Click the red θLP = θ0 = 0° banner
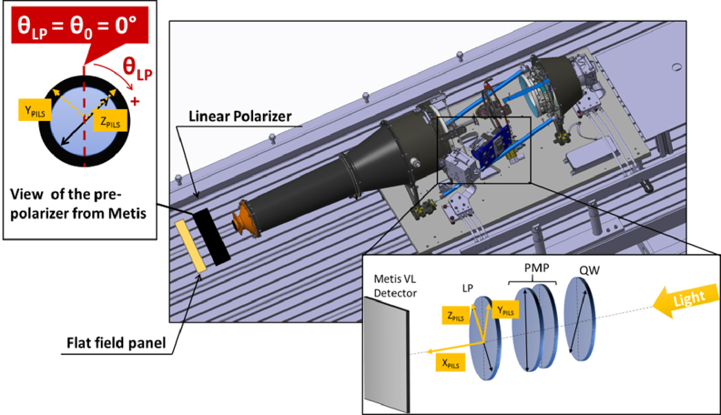click(80, 25)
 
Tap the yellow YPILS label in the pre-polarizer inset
click(35, 110)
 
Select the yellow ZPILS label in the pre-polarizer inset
click(110, 120)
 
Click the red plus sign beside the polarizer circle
click(135, 102)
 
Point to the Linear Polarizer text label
click(240, 116)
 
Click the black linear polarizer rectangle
click(211, 237)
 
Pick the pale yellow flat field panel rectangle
click(190, 247)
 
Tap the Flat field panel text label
click(116, 343)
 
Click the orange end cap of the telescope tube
click(246, 219)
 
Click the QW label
click(589, 270)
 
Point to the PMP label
click(537, 268)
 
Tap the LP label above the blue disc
click(467, 288)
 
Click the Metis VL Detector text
click(395, 286)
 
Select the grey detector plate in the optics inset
click(386, 355)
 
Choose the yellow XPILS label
click(450, 363)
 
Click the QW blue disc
click(580, 319)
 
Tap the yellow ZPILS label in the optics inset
click(455, 315)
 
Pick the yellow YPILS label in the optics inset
click(505, 309)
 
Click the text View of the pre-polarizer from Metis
click(78, 204)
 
